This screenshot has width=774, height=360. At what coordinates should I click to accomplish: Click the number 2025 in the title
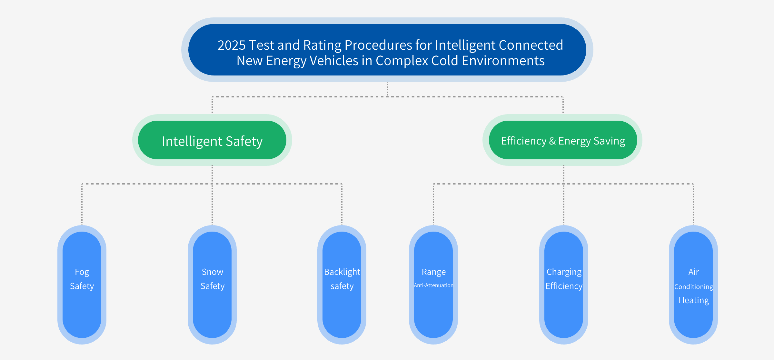pyautogui.click(x=232, y=45)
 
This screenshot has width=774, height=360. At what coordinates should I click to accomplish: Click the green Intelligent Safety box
pyautogui.click(x=212, y=140)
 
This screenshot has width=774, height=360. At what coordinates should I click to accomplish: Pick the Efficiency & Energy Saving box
pyautogui.click(x=563, y=140)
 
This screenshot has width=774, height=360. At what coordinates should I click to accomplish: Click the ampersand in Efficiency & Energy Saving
pyautogui.click(x=552, y=141)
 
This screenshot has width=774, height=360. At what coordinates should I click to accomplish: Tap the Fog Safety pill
pyautogui.click(x=82, y=285)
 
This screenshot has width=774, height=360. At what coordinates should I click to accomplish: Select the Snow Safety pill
pyautogui.click(x=212, y=285)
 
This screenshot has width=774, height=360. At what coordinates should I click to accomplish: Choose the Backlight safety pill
pyautogui.click(x=342, y=285)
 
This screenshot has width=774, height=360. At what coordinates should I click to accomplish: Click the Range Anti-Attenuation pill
pyautogui.click(x=433, y=285)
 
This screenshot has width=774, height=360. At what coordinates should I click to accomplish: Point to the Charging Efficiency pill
pyautogui.click(x=564, y=285)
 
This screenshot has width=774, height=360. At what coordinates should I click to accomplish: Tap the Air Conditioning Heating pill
pyautogui.click(x=693, y=285)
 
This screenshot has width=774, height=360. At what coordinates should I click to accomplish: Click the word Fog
pyautogui.click(x=82, y=272)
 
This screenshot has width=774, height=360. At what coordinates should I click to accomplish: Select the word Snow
pyautogui.click(x=213, y=272)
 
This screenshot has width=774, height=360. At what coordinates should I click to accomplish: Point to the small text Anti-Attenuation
pyautogui.click(x=433, y=285)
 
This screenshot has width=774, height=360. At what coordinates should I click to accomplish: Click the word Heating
pyautogui.click(x=694, y=300)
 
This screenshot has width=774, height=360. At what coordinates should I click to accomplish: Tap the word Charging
pyautogui.click(x=564, y=272)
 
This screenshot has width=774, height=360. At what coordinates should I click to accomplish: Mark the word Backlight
pyautogui.click(x=342, y=272)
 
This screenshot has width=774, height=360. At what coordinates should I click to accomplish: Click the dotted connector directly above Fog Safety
pyautogui.click(x=82, y=204)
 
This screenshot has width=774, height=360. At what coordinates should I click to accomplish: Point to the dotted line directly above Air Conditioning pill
pyautogui.click(x=693, y=204)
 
